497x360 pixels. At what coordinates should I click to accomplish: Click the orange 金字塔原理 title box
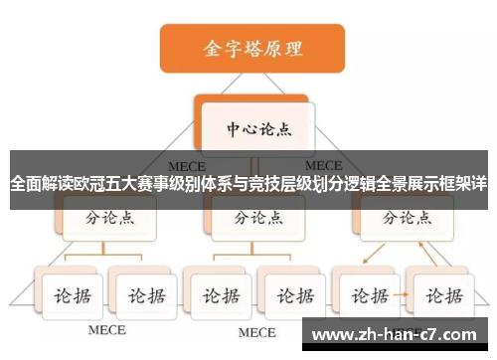tap(252, 48)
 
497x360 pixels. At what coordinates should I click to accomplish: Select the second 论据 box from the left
tap(142, 295)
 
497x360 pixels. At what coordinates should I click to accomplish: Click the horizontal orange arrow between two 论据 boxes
tap(406, 295)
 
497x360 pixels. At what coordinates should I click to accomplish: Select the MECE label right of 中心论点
tap(323, 164)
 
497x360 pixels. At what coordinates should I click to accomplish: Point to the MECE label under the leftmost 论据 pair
tap(106, 330)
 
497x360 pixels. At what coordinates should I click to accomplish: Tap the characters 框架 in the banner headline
tap(447, 184)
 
